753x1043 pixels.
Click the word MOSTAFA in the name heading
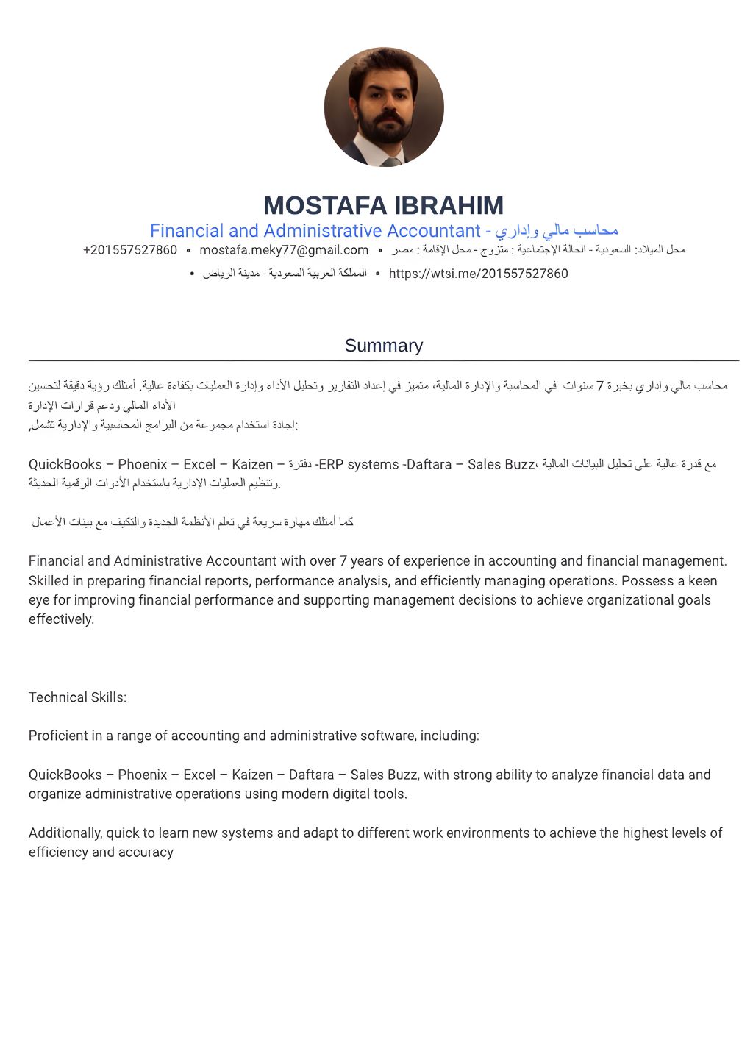coord(324,205)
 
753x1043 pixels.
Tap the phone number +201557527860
coord(130,250)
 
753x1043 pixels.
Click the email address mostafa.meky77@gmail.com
coord(284,250)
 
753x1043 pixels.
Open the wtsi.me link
coord(478,274)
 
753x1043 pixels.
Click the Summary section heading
coord(383,346)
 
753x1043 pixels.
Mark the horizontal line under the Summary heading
coord(383,361)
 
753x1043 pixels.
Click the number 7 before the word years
coord(343,561)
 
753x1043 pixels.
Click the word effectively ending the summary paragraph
coord(60,619)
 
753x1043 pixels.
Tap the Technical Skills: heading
coord(77,697)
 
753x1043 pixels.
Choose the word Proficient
coord(58,736)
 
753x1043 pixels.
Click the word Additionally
coord(65,833)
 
